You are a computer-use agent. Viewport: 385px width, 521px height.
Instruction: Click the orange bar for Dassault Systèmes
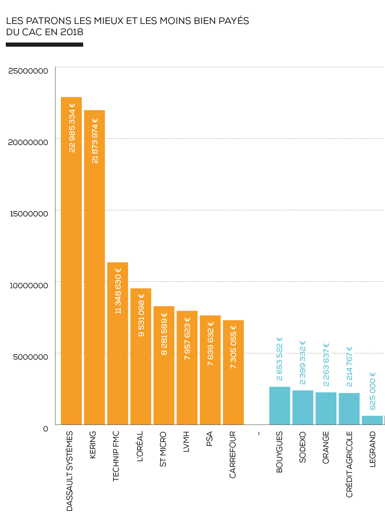(71, 261)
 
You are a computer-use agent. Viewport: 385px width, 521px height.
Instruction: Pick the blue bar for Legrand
(372, 420)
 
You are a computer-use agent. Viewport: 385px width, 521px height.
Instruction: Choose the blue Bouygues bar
(280, 406)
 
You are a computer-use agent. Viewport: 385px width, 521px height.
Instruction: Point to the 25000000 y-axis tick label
(28, 71)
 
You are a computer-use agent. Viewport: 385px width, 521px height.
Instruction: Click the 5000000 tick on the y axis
(31, 357)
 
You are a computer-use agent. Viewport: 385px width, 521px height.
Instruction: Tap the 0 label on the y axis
(45, 429)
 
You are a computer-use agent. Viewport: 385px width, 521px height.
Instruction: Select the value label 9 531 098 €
(141, 315)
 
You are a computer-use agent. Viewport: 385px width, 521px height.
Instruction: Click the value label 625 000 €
(372, 391)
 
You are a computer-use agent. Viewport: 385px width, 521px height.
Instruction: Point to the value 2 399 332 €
(303, 363)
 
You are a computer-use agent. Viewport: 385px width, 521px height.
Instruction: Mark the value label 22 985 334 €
(72, 128)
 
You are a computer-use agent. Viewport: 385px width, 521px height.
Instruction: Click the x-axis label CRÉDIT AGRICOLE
(349, 464)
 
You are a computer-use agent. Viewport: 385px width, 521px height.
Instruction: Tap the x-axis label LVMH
(186, 442)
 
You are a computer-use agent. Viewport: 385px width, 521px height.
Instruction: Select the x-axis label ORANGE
(326, 447)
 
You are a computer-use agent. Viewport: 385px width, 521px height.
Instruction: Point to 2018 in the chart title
(72, 32)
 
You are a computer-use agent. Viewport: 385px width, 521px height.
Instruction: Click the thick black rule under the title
(45, 45)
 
